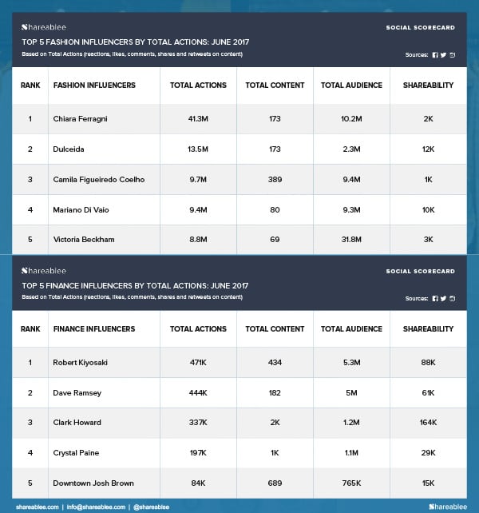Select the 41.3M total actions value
[x=198, y=118]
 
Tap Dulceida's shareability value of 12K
[x=428, y=149]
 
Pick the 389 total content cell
[x=275, y=179]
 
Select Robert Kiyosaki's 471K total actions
[x=198, y=363]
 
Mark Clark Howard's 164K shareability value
[x=428, y=424]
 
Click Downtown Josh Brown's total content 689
[x=275, y=483]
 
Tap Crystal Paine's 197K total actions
[x=198, y=453]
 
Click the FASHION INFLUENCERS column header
[x=94, y=85]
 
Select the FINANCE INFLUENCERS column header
[x=94, y=328]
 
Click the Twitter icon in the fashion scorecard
[x=444, y=54]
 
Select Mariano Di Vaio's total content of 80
[x=275, y=209]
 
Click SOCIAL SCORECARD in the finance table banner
[x=421, y=271]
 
